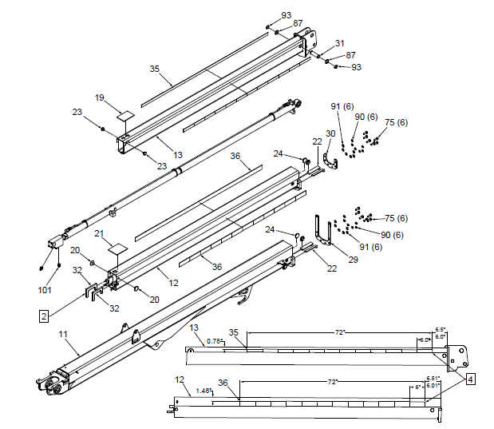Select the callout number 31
coord(339,43)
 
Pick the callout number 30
coord(331,133)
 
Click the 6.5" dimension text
coord(440,329)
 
